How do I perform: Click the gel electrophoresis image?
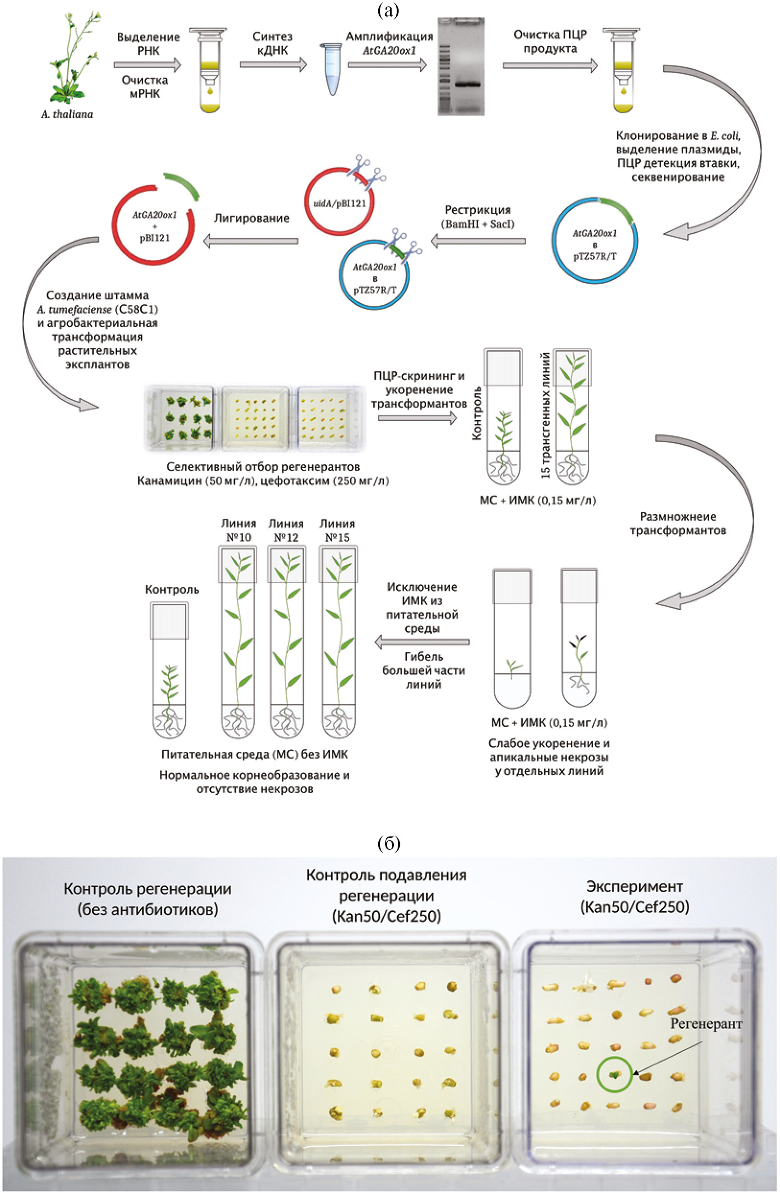click(461, 66)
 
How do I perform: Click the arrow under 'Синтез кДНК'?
click(273, 64)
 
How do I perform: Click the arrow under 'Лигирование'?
click(251, 241)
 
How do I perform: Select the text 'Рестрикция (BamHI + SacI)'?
click(477, 216)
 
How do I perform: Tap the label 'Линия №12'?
click(286, 530)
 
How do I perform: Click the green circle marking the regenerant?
click(614, 1075)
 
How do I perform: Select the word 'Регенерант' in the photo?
click(706, 1024)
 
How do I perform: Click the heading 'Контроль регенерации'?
click(147, 889)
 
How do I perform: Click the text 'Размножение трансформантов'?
click(678, 523)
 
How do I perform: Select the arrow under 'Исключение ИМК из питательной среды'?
click(422, 642)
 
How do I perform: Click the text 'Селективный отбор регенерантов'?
click(263, 467)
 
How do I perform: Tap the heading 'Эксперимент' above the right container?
click(634, 886)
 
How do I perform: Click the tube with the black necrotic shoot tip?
click(579, 637)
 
